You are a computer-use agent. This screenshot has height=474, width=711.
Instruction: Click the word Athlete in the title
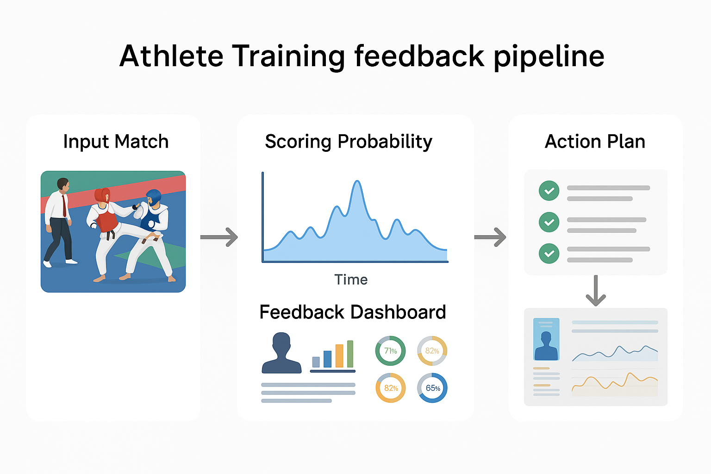pos(171,56)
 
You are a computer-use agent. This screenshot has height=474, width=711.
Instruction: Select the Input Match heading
pos(116,142)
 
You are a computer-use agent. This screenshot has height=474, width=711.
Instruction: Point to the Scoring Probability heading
pos(349,142)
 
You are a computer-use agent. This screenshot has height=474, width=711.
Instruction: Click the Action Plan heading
pos(595,142)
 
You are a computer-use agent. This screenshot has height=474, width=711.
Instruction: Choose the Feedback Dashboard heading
pos(353,312)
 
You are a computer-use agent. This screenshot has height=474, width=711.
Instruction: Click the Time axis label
pos(351,280)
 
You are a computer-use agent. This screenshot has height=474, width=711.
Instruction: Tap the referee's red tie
pos(64,206)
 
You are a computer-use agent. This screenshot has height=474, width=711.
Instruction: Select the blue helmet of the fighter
pos(153,197)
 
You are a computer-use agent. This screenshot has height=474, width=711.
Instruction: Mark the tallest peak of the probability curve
pos(357,181)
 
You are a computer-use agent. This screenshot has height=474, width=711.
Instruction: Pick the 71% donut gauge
pos(390,351)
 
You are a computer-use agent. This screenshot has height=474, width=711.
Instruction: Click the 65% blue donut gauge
pos(432,388)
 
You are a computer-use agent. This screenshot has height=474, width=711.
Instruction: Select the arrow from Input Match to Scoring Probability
pos(219,237)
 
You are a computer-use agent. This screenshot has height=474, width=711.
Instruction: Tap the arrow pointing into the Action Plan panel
pos(490,237)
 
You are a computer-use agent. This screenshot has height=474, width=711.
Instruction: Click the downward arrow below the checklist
pos(596,291)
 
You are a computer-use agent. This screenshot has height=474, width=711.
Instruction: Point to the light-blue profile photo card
pos(546,339)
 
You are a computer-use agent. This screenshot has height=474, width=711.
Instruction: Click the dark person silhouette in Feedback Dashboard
pos(281,353)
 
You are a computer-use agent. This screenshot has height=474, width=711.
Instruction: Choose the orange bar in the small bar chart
pos(339,355)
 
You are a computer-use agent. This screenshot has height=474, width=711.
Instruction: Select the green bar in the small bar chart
pos(350,354)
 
